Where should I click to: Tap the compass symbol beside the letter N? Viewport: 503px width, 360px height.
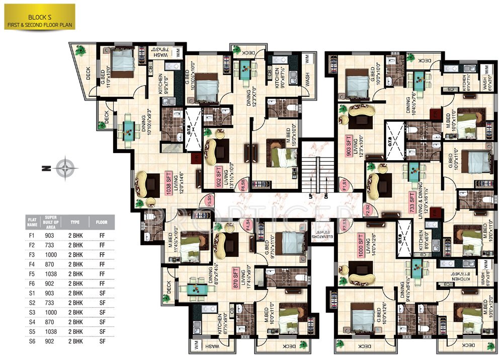(x=65, y=168)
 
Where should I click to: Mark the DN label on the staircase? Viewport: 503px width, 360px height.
(x=326, y=196)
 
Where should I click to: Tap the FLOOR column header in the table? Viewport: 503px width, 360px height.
(x=102, y=221)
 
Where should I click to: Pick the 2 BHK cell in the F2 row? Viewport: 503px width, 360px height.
(x=76, y=244)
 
